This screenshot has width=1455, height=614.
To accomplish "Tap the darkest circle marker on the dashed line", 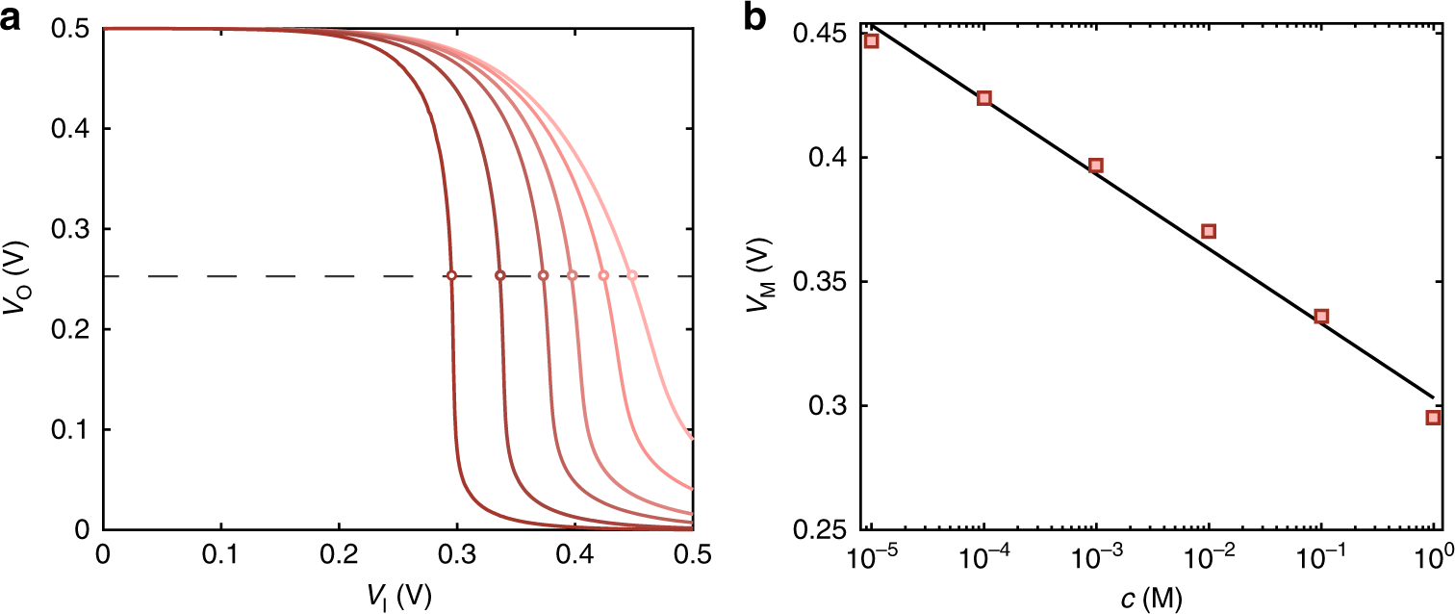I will tap(451, 276).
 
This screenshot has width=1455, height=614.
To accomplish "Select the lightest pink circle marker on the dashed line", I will tap(632, 276).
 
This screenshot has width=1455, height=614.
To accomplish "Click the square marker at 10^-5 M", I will tap(872, 41).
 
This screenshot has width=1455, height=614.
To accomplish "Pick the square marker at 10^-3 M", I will tap(1096, 166).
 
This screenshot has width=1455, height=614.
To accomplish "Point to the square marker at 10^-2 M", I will tap(1209, 231).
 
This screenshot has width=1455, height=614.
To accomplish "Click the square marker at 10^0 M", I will tap(1433, 417).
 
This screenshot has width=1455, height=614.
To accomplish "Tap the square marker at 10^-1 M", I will tap(1321, 316).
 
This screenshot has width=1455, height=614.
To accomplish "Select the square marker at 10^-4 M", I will tap(984, 98).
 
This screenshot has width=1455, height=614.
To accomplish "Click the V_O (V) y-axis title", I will tap(21, 279).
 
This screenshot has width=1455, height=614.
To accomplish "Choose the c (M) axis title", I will tap(1153, 599).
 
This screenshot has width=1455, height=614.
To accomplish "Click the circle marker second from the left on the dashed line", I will tap(500, 276).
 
